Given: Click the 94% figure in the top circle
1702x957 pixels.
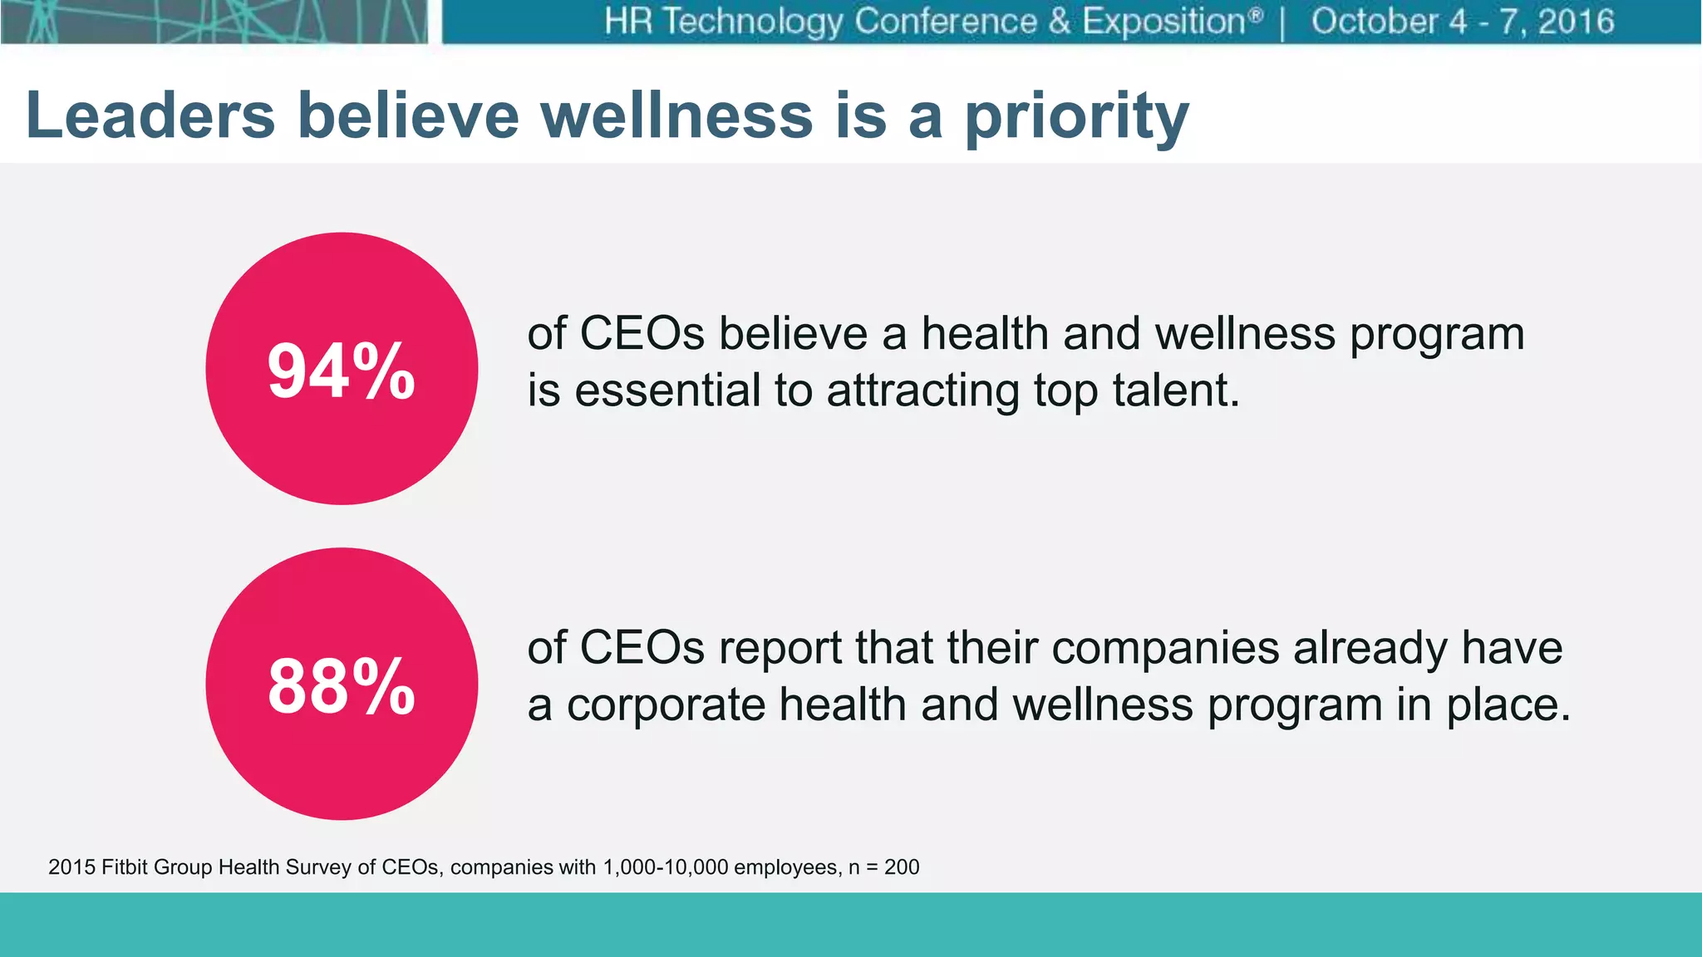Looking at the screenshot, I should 341,371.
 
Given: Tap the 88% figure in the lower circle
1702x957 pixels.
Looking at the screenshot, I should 341,685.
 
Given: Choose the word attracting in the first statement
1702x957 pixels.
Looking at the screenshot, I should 922,391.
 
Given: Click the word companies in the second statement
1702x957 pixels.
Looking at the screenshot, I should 1165,648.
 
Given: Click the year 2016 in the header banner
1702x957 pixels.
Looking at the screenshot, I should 1576,22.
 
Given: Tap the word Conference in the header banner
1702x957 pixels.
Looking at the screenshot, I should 945,22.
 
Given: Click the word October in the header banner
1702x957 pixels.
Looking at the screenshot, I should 1375,22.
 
